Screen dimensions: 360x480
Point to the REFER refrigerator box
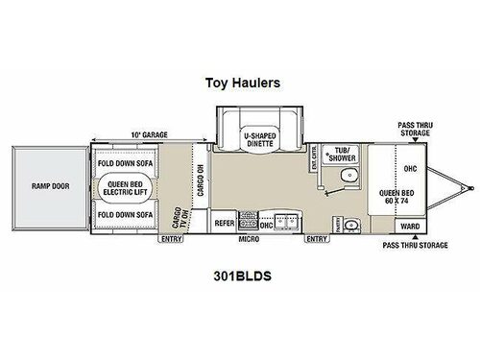pyautogui.click(x=225, y=223)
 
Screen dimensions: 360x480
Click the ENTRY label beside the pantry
pyautogui.click(x=315, y=239)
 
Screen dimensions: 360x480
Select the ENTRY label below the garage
pyautogui.click(x=173, y=239)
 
